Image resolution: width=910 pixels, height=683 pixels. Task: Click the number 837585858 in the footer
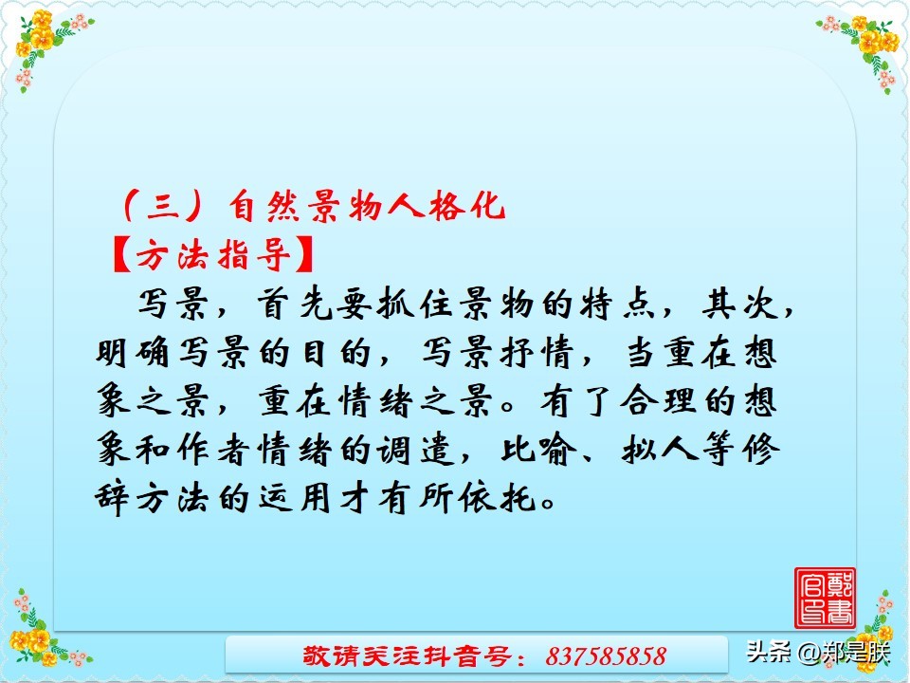click(607, 655)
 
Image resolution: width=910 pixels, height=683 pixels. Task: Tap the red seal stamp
click(825, 598)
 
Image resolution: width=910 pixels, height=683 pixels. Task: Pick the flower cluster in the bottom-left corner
click(43, 631)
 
